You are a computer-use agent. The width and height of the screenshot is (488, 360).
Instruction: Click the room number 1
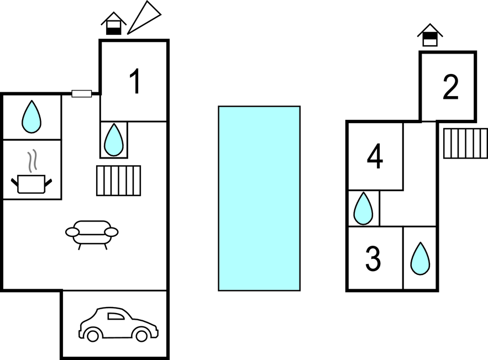coord(134,81)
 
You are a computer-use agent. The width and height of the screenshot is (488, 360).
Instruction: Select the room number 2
coord(450,87)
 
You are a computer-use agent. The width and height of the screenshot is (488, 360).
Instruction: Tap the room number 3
coord(374,259)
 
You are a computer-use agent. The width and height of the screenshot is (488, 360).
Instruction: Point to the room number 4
coord(375,156)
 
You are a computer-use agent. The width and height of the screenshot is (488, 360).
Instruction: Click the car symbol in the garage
coord(118,325)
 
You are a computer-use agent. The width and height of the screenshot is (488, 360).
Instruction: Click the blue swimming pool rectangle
coord(259,198)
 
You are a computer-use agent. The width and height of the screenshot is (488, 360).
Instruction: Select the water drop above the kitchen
coord(31,117)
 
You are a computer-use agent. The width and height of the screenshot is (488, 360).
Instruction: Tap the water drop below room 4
coord(363,208)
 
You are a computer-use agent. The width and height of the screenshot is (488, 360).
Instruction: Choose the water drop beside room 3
coord(420,258)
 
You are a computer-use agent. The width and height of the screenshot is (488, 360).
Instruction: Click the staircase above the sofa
coord(118,181)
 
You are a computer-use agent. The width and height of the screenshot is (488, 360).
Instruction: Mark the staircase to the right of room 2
coord(465,143)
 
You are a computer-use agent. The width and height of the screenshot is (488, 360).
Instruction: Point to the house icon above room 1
coord(113,24)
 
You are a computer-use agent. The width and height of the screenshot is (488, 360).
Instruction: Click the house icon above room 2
coord(430,35)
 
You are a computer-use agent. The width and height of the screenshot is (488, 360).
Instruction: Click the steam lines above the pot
coord(33,160)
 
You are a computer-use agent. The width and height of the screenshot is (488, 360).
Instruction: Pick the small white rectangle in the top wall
coord(82,94)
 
